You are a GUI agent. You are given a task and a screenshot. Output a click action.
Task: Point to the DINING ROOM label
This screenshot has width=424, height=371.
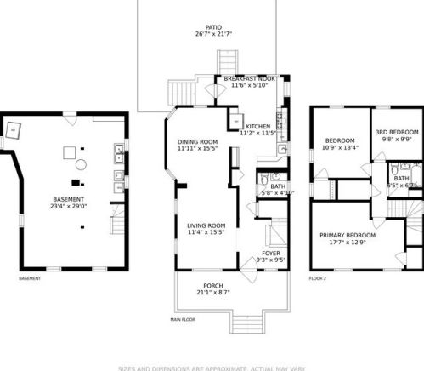(x=197, y=141)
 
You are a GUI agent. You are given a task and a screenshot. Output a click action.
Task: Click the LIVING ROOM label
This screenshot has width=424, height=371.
(x=206, y=225)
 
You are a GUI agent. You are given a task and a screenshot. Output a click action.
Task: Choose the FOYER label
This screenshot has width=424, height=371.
(x=270, y=253)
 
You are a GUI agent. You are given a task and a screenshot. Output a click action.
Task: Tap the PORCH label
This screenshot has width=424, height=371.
(x=213, y=285)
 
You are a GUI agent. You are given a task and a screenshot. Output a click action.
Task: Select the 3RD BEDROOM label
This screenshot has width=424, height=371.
(x=398, y=133)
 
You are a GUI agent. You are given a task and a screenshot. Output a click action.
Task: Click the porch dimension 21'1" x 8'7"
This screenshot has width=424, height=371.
(x=213, y=293)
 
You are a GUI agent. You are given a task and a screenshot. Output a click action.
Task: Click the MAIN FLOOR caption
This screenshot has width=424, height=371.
(x=183, y=321)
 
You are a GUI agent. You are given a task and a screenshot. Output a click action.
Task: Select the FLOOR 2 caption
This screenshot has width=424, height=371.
(x=318, y=278)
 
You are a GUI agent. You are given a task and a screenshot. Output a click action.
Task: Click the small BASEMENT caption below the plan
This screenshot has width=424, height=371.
(x=30, y=278)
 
